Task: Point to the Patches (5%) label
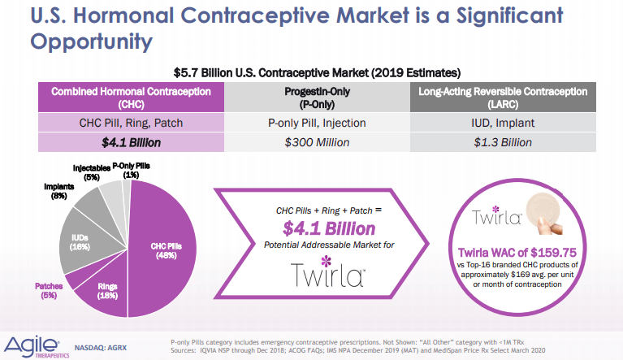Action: click(49, 290)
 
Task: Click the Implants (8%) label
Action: click(58, 191)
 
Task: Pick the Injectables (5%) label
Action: click(92, 172)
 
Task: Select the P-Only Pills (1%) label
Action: click(131, 170)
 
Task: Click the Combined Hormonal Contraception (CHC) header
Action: click(131, 98)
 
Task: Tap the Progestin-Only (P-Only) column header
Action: click(317, 98)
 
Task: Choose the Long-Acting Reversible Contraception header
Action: click(503, 98)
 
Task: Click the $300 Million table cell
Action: click(317, 142)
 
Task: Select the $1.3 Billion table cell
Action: click(503, 142)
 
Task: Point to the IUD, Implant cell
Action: click(503, 123)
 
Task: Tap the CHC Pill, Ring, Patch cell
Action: click(131, 123)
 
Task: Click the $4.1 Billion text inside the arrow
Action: click(329, 228)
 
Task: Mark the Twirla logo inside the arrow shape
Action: click(328, 271)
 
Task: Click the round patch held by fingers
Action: click(543, 210)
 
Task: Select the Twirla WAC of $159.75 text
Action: click(517, 252)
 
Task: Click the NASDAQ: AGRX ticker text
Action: click(101, 348)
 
